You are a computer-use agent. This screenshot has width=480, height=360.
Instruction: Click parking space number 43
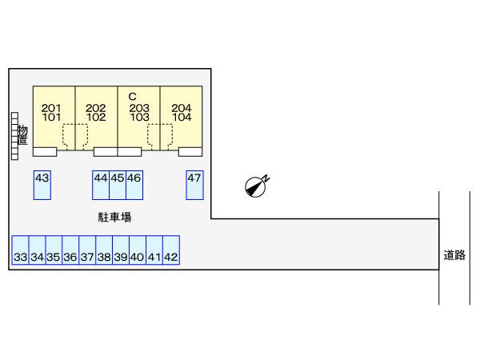coord(42,185)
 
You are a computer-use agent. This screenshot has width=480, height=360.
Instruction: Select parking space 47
coord(194,185)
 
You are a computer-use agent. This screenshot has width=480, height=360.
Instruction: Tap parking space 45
coord(117,185)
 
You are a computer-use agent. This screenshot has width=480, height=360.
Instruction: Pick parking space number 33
coord(20,252)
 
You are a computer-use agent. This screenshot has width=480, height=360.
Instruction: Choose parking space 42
coord(170,252)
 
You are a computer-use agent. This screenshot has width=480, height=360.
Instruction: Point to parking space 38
coord(104,252)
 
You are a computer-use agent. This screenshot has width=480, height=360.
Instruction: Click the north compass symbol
coord(257,186)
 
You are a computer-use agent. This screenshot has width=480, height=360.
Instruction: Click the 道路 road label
coord(454,255)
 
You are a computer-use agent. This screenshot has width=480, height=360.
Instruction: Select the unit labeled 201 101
coord(52,112)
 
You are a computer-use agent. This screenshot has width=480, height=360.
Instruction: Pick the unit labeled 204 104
coord(182,112)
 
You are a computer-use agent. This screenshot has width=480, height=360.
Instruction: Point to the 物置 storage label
coord(22,135)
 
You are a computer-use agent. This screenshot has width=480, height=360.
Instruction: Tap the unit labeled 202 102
coord(96,112)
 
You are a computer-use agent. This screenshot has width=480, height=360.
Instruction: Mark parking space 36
coord(70,252)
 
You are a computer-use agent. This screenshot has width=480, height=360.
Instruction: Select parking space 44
coord(100,185)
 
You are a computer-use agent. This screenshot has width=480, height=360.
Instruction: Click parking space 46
coord(134,185)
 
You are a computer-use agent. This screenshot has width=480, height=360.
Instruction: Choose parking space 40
coord(137,252)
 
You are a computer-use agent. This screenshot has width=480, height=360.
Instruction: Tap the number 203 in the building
coord(139,107)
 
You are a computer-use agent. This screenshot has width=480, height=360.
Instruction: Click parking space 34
coord(37,252)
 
